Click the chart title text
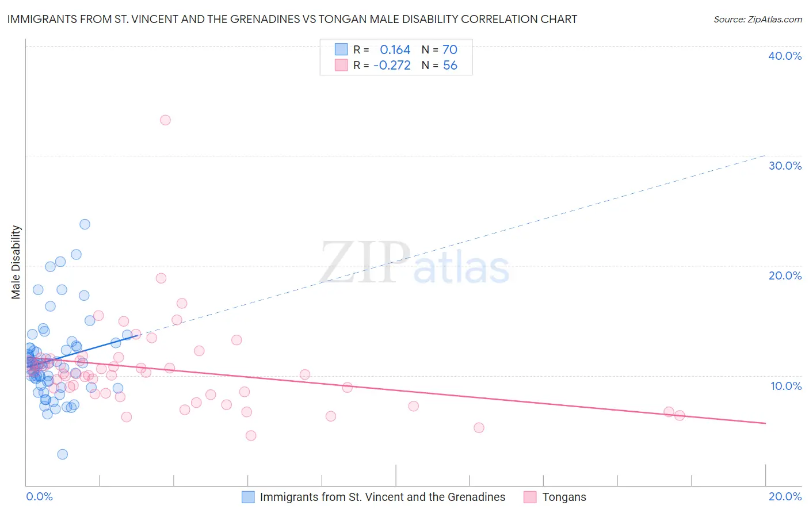click(x=292, y=19)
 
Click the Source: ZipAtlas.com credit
click(x=757, y=19)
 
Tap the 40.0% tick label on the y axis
click(x=784, y=56)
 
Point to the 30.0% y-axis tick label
click(x=784, y=166)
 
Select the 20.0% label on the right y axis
click(x=784, y=275)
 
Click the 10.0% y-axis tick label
click(x=785, y=386)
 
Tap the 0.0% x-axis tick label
click(x=39, y=496)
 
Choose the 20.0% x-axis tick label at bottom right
click(x=785, y=496)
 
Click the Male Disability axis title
click(x=16, y=262)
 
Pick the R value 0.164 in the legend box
click(x=395, y=50)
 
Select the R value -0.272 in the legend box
click(x=392, y=66)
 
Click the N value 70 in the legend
click(x=449, y=50)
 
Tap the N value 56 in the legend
click(x=449, y=66)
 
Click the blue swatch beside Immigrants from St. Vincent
click(x=248, y=497)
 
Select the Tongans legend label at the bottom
click(x=564, y=497)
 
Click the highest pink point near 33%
click(x=165, y=120)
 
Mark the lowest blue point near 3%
click(x=63, y=454)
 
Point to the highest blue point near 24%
click(x=85, y=224)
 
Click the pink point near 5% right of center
click(x=479, y=428)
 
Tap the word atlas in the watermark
click(x=461, y=269)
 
